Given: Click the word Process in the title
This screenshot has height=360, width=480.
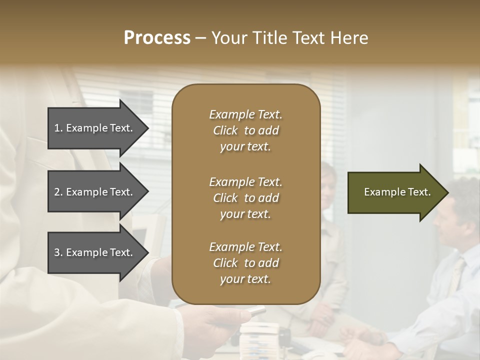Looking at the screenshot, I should (x=157, y=37).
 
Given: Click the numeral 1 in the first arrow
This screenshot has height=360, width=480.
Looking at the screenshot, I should (x=56, y=128).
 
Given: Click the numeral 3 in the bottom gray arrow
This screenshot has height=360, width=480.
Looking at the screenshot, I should (x=57, y=252).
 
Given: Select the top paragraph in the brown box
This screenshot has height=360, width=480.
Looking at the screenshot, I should (x=245, y=130).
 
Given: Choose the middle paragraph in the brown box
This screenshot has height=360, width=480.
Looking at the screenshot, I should (x=245, y=198).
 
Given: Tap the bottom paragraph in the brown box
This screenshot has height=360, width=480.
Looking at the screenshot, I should (x=245, y=263).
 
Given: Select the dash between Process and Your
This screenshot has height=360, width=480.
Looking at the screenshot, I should (x=200, y=38).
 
